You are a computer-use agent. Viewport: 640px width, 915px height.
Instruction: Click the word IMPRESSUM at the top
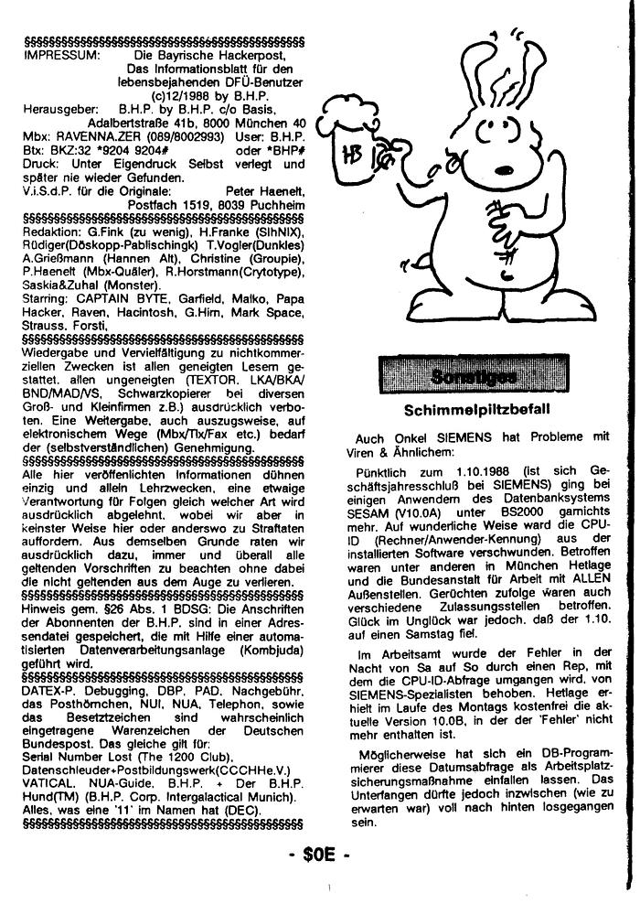click(x=54, y=55)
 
